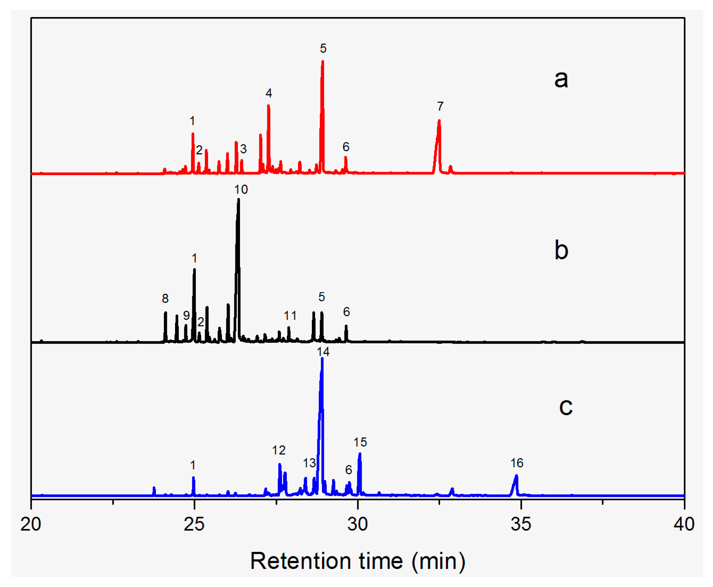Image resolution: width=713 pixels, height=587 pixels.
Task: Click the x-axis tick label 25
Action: (194, 525)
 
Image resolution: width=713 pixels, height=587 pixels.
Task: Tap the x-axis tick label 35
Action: (521, 525)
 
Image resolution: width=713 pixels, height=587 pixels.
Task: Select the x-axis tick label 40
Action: (684, 525)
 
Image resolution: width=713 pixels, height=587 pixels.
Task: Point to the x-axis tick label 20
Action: (31, 525)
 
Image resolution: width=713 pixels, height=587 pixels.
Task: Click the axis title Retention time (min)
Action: (357, 561)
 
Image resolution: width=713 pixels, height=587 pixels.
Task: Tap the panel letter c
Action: (566, 407)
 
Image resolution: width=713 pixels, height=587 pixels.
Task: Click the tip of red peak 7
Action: (439, 121)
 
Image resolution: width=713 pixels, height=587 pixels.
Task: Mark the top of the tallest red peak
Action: (323, 61)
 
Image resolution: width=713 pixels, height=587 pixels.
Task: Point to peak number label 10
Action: (241, 190)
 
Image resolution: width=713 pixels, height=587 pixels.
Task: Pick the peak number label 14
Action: (323, 352)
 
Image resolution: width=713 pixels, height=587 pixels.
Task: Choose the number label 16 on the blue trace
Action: (517, 463)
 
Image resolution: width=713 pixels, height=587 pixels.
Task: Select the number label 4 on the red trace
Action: (269, 93)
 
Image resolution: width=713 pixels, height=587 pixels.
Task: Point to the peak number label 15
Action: (360, 442)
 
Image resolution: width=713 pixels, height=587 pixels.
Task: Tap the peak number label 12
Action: (279, 450)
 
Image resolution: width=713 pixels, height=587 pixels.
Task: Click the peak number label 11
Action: (290, 316)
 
